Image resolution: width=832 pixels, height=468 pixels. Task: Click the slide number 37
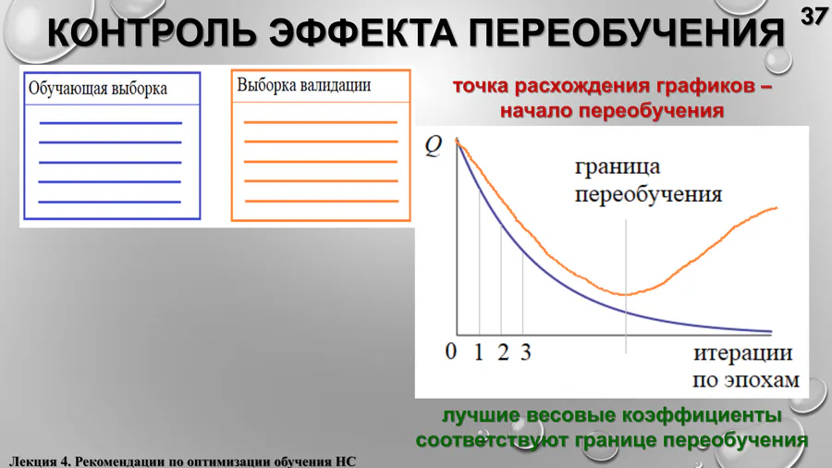814,17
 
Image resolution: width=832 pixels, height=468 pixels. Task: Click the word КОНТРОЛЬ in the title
152,32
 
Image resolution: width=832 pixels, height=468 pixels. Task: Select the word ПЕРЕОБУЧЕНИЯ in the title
626,32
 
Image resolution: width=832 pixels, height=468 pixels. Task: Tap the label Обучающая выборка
98,89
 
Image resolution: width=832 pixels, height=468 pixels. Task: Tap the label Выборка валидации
304,85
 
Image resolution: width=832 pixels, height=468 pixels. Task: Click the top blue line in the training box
110,123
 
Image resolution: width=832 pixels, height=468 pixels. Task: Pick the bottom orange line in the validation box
322,201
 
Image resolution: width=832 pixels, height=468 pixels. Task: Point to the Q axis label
434,146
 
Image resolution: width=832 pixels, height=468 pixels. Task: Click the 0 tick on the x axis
451,351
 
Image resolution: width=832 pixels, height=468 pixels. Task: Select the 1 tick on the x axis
479,351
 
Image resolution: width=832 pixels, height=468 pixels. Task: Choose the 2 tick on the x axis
503,351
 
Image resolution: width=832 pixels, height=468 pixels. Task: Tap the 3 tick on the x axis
525,351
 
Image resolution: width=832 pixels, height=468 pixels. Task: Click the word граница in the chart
618,167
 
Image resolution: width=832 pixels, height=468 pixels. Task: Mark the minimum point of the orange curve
626,294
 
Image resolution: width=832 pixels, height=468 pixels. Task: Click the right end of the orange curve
777,207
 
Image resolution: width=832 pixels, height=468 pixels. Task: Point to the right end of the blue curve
772,332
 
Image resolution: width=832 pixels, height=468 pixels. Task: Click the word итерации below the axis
743,353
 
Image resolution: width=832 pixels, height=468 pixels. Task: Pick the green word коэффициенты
702,415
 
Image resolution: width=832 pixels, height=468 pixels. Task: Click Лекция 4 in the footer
40,462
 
